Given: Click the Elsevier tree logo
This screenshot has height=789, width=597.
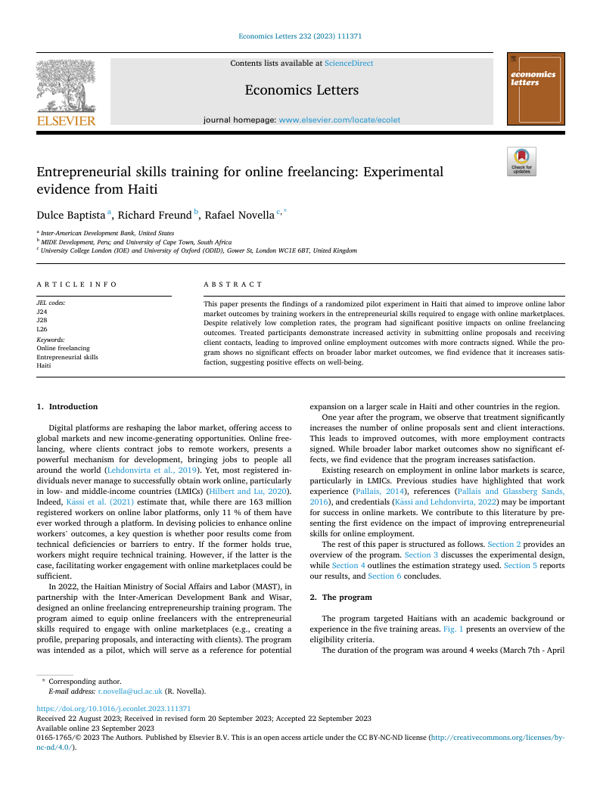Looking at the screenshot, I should (66, 89).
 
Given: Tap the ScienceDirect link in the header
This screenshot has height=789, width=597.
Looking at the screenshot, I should (349, 64).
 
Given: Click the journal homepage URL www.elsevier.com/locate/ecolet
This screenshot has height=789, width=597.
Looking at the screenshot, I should (340, 120).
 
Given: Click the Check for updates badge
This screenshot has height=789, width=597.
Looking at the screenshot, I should (521, 161).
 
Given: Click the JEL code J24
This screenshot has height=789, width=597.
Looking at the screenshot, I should (41, 311).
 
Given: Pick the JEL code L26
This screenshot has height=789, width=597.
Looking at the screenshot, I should (41, 329).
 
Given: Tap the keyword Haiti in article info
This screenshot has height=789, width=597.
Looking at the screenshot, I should (45, 365).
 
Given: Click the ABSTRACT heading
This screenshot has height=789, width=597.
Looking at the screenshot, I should (233, 284).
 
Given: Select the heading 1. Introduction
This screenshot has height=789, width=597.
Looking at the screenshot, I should (67, 406).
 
